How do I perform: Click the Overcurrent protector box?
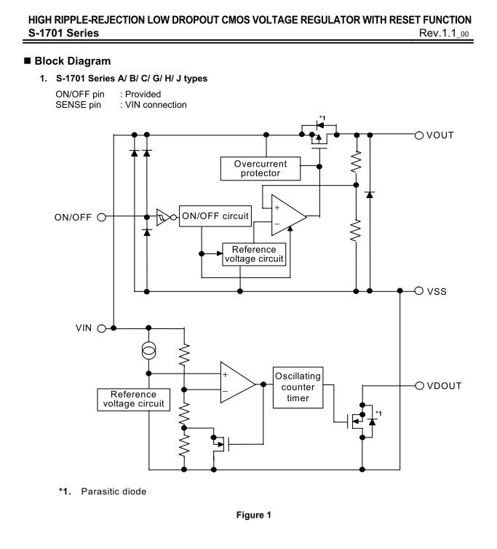(x=260, y=168)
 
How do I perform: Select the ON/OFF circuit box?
(x=215, y=216)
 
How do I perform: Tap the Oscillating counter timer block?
(x=298, y=387)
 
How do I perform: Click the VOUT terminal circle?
(x=418, y=135)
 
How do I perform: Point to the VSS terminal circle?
(x=418, y=291)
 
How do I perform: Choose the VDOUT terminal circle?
(x=419, y=385)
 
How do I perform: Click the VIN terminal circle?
(x=101, y=328)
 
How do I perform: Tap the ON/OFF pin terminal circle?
(x=101, y=218)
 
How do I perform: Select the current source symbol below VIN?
(x=148, y=350)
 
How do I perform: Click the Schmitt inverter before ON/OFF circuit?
(x=164, y=218)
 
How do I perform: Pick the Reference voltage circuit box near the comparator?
(x=133, y=400)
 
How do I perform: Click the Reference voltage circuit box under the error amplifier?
(x=254, y=254)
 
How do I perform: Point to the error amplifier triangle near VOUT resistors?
(x=289, y=216)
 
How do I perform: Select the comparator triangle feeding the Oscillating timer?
(x=238, y=382)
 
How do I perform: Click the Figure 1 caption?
(x=254, y=515)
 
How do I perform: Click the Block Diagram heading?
(x=73, y=61)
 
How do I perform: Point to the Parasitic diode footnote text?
(x=114, y=491)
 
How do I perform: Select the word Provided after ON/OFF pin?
(x=143, y=94)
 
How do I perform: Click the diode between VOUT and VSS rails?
(x=370, y=194)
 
